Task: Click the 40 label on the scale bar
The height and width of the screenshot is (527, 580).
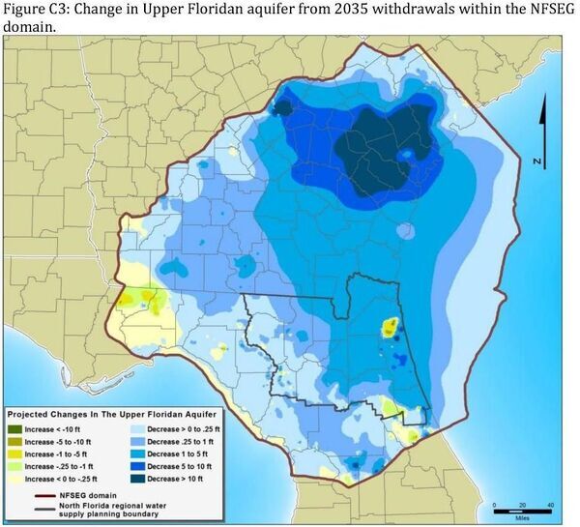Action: tap(551, 505)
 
